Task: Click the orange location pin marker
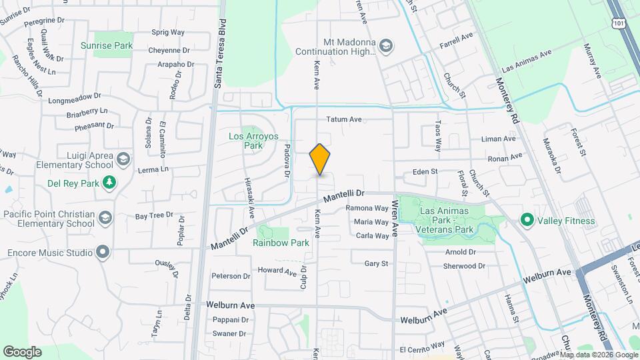coord(320,159)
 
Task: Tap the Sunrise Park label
coord(107,45)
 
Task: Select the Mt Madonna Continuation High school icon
coord(386,45)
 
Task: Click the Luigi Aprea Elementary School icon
coord(123,159)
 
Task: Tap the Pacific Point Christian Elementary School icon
coord(105,218)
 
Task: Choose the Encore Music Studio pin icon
coord(102,253)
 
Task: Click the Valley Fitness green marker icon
coord(526,219)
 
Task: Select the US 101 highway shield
coord(619,23)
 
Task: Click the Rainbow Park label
coord(281,243)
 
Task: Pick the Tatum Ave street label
coord(343,119)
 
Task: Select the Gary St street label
coord(376,264)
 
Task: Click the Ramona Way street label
coord(367,208)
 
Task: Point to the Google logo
coord(23,351)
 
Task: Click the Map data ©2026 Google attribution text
coord(598,354)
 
